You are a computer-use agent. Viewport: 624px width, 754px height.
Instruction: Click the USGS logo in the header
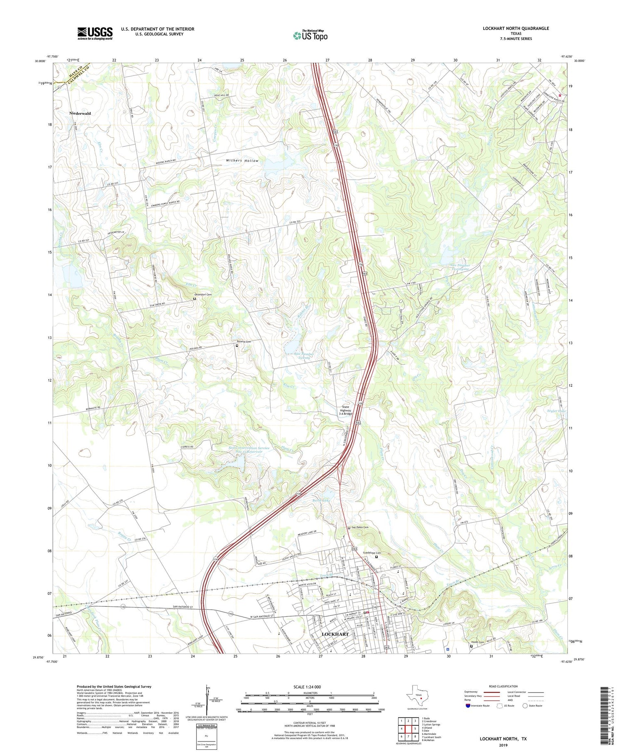pyautogui.click(x=95, y=33)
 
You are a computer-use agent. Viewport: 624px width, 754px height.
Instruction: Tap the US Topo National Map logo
pyautogui.click(x=310, y=35)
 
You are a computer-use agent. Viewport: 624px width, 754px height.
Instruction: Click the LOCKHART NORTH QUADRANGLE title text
pyautogui.click(x=515, y=28)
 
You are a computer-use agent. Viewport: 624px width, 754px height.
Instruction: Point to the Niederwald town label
pyautogui.click(x=80, y=113)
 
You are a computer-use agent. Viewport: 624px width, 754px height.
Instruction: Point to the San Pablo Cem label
pyautogui.click(x=360, y=527)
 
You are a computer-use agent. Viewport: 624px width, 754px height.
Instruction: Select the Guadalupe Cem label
pyautogui.click(x=371, y=553)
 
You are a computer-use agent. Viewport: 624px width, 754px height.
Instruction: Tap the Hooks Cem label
pyautogui.click(x=477, y=642)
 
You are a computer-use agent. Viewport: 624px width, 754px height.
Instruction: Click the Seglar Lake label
pyautogui.click(x=556, y=411)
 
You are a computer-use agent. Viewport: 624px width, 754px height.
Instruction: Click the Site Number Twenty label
pyautogui.click(x=304, y=355)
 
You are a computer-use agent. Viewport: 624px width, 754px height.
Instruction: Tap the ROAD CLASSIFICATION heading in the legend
pyautogui.click(x=503, y=686)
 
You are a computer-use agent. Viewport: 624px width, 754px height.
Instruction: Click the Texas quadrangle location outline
pyautogui.click(x=418, y=696)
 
